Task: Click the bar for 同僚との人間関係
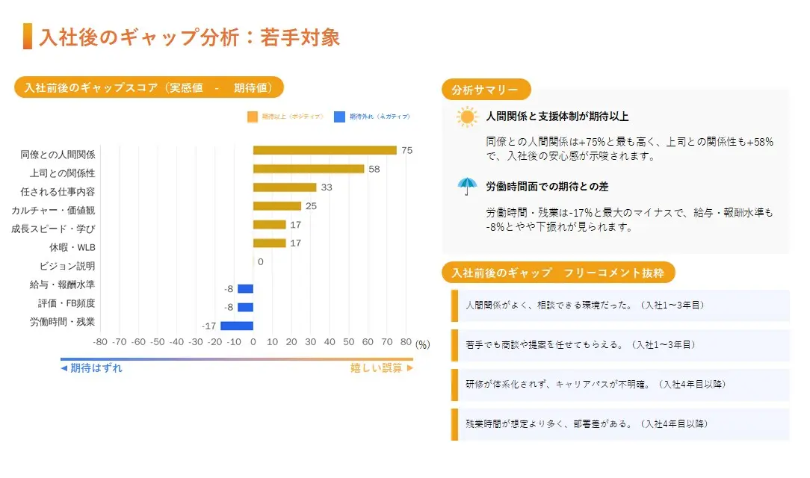click(324, 150)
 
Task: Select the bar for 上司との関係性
click(308, 169)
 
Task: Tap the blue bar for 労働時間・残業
click(237, 326)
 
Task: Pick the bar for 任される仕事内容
click(285, 187)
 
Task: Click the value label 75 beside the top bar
click(406, 150)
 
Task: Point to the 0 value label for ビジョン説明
click(260, 262)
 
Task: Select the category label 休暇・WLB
click(72, 247)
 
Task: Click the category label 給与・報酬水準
click(63, 285)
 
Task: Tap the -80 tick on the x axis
click(100, 342)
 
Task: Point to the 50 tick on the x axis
click(349, 342)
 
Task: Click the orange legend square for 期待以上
click(253, 117)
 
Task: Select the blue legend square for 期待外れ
click(339, 117)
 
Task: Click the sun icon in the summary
click(468, 117)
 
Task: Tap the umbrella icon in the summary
click(467, 186)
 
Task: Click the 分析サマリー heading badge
click(486, 90)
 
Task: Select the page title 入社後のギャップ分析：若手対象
click(189, 37)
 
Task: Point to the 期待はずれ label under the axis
click(92, 367)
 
